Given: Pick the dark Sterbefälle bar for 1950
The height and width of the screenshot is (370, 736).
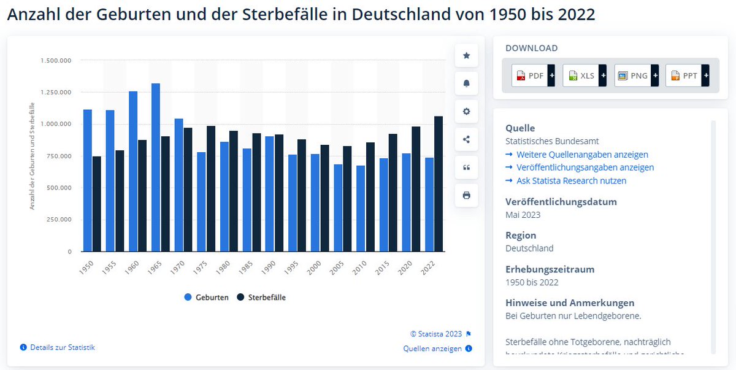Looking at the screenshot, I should click(x=97, y=204).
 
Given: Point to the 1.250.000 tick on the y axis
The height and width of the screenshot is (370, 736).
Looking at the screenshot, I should click(x=56, y=92).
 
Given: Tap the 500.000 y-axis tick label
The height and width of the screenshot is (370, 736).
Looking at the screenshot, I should click(x=56, y=188).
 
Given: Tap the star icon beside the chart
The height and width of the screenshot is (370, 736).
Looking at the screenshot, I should click(x=466, y=56).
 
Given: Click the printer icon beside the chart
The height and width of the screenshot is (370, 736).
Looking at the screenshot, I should click(x=466, y=195).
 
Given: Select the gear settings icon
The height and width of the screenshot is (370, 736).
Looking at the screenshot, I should click(x=466, y=111).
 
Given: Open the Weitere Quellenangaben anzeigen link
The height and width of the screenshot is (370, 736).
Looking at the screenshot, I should click(x=581, y=155).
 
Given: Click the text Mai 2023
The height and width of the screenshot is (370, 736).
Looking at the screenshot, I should click(x=523, y=215).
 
